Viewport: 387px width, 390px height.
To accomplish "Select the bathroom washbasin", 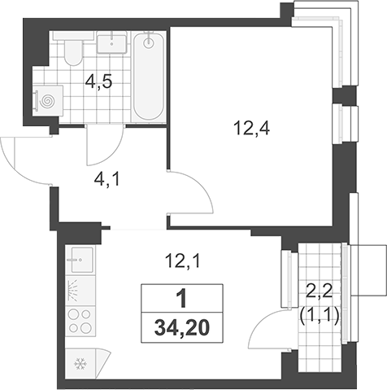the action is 111,42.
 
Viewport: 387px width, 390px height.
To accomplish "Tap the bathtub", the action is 149,77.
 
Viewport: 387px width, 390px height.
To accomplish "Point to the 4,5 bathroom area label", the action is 98,81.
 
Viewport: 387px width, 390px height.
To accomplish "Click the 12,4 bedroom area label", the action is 252,129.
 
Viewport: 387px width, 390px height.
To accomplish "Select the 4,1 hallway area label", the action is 107,180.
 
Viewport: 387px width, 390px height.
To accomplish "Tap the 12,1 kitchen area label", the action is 182,262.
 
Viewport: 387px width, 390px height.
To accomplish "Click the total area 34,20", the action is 182,328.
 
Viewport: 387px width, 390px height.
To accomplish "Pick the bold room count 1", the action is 182,298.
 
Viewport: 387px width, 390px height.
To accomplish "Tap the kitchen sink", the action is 80,260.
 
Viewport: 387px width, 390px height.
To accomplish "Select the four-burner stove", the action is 80,322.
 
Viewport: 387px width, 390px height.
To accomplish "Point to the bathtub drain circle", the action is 149,42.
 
